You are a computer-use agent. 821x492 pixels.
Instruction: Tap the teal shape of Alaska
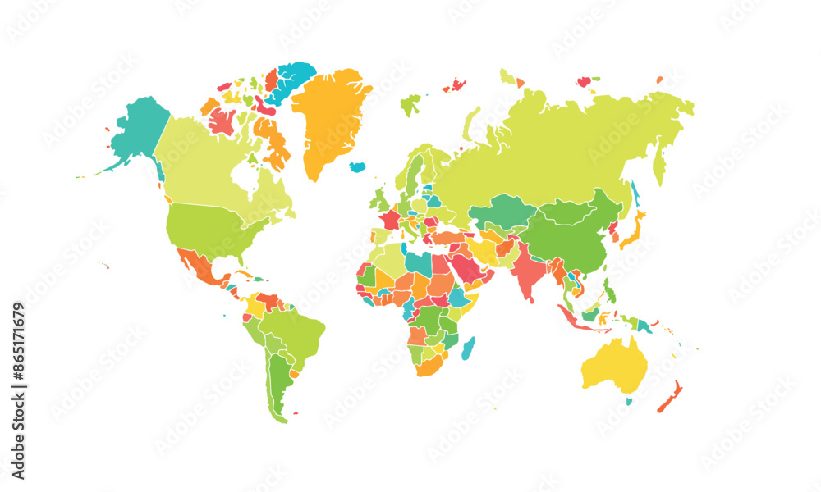(138, 131)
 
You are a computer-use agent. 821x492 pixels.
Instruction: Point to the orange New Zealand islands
(670, 397)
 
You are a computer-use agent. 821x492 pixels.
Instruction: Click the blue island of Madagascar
(468, 348)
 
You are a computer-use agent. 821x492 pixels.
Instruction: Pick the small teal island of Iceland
(357, 166)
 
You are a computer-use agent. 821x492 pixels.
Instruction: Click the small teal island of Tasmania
(629, 401)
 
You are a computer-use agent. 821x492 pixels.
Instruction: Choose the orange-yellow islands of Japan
(632, 230)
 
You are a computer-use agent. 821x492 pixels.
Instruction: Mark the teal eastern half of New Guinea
(645, 326)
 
